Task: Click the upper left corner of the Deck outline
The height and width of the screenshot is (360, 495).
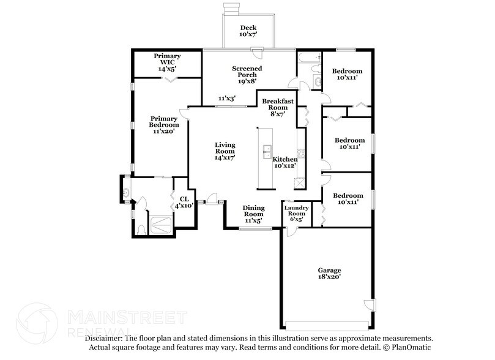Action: click(223, 14)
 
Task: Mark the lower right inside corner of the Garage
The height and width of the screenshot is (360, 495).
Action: click(371, 327)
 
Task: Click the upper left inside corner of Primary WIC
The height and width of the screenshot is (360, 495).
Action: click(135, 51)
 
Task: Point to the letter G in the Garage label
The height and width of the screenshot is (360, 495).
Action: click(320, 271)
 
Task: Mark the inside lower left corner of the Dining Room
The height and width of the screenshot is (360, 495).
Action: click(226, 227)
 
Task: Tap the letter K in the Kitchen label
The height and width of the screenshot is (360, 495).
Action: click(275, 159)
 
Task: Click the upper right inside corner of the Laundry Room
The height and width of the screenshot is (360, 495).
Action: click(311, 202)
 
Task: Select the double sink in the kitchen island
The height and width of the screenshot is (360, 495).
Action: click(266, 152)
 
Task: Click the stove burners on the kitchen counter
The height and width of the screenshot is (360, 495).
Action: click(301, 154)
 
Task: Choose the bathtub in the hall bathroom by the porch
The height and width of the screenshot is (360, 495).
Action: click(308, 58)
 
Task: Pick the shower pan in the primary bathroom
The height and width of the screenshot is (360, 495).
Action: click(161, 225)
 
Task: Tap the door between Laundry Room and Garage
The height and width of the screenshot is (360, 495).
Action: click(291, 232)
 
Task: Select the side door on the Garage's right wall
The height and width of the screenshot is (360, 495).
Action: click(369, 305)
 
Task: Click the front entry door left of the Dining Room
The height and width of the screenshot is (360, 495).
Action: click(211, 199)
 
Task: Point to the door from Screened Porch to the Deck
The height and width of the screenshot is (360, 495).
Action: click(257, 53)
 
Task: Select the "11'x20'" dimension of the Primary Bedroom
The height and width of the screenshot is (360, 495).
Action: click(164, 131)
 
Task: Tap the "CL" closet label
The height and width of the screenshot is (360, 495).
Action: click(184, 199)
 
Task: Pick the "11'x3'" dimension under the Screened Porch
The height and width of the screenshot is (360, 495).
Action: click(227, 99)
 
